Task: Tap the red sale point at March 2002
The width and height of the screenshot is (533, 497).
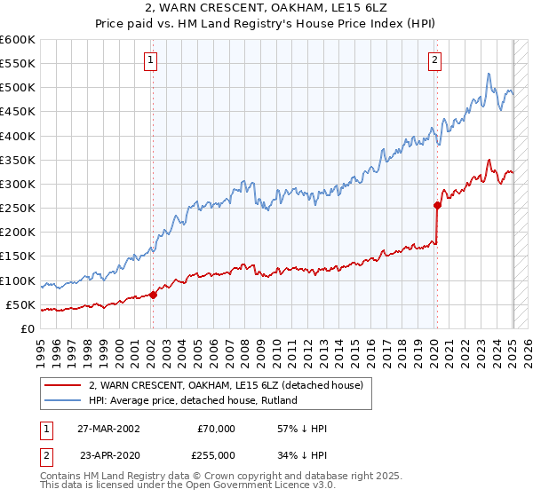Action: click(x=153, y=295)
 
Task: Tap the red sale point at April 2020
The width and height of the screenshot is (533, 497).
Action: click(x=437, y=205)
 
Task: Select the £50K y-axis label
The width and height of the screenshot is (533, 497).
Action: click(x=20, y=304)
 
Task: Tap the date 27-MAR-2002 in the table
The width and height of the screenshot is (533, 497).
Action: click(x=108, y=429)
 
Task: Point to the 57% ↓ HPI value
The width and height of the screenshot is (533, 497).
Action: click(x=301, y=429)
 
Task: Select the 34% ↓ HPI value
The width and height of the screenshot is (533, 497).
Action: click(x=301, y=455)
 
